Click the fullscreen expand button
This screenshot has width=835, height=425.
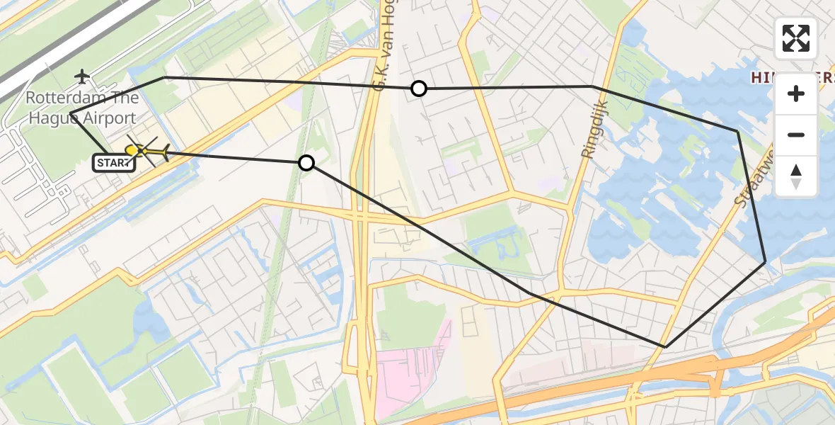(x=796, y=38)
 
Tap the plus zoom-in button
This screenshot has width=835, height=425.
(x=796, y=93)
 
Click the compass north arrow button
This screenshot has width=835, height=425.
(x=796, y=176)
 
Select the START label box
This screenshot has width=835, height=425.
(x=114, y=164)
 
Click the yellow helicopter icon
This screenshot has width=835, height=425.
(x=147, y=150)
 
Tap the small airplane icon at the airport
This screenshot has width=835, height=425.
(x=83, y=76)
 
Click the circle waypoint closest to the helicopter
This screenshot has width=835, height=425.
(x=306, y=163)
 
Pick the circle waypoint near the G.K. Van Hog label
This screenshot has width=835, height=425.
(x=419, y=89)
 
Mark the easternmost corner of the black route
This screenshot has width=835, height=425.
(x=765, y=262)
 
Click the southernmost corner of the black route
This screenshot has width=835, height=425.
(x=665, y=346)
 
